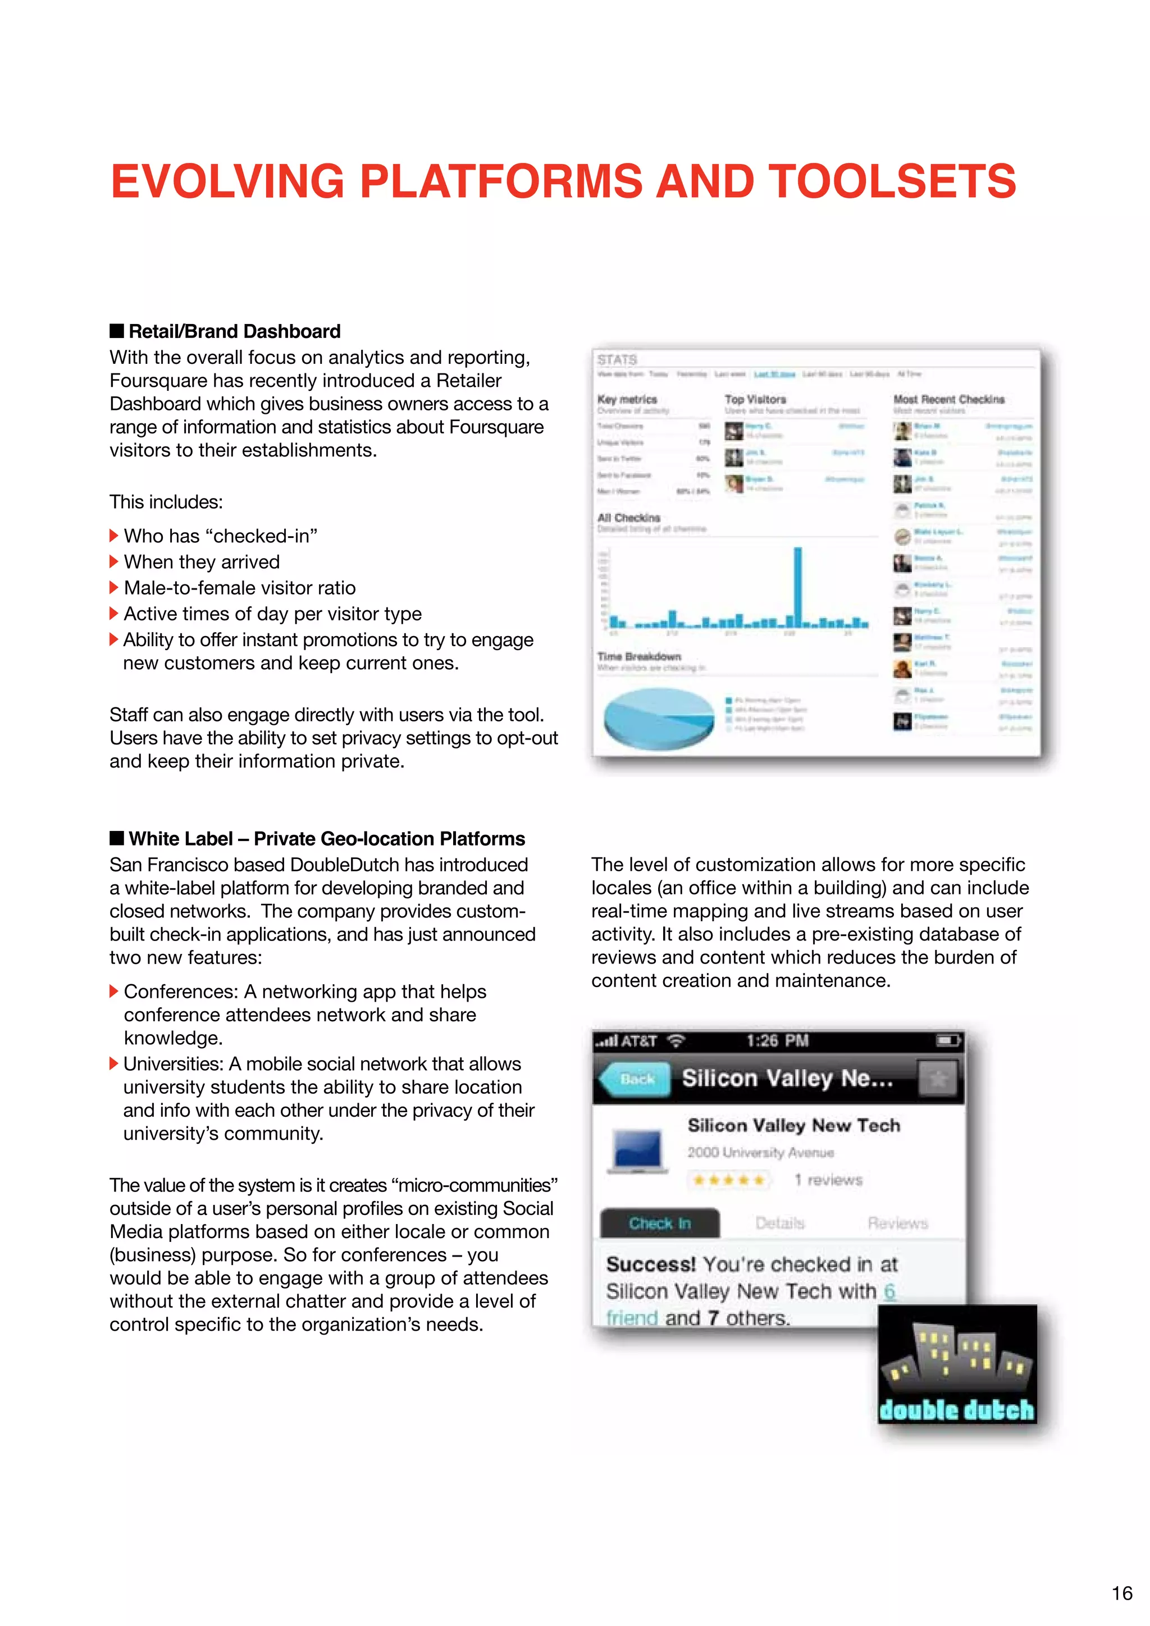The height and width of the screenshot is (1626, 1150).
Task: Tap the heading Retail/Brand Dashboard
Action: point(234,331)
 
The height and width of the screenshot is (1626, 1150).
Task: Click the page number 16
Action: point(1122,1593)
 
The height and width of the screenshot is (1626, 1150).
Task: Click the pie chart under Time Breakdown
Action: point(659,718)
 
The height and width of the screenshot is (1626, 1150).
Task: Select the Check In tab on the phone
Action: point(659,1223)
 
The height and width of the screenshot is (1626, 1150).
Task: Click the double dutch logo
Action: point(957,1365)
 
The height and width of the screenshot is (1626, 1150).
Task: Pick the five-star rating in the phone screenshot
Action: point(729,1180)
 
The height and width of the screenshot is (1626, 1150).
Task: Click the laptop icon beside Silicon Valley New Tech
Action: point(638,1150)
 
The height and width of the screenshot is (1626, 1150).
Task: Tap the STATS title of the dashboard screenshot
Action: point(617,360)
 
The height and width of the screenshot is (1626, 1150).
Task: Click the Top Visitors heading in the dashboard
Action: point(755,399)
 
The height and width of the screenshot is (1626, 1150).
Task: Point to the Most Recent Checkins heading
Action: point(949,399)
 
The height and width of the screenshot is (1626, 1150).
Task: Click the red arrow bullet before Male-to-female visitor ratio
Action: point(114,588)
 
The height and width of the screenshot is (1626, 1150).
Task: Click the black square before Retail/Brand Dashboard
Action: point(117,331)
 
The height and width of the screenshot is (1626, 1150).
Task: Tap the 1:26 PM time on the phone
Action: point(778,1040)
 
